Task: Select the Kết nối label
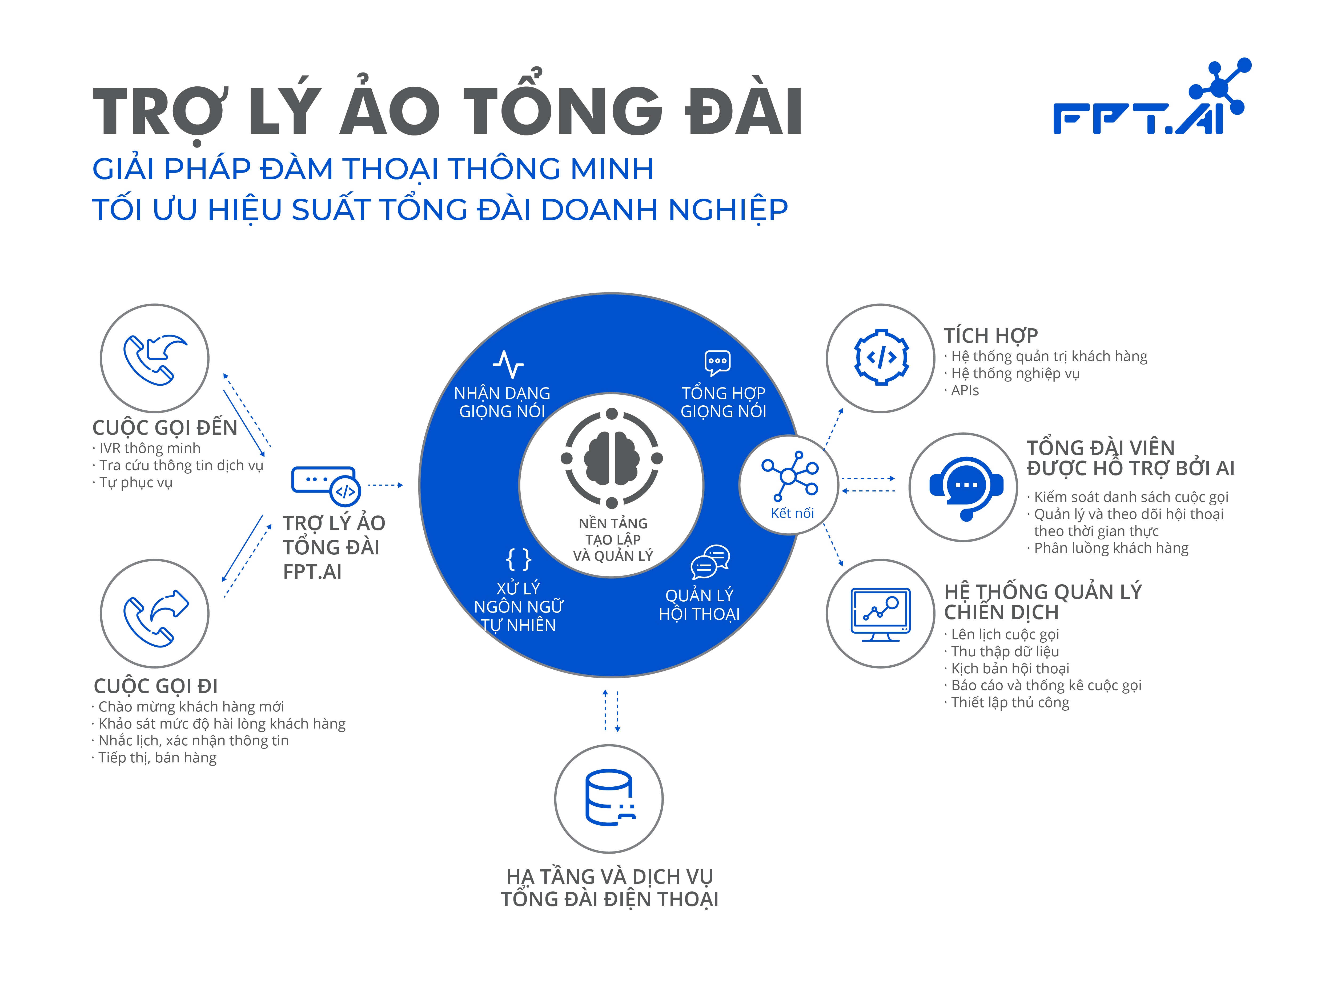[x=792, y=513]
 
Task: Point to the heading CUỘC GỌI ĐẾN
[x=164, y=427]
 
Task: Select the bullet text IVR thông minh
[x=150, y=449]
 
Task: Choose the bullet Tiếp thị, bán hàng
[x=157, y=758]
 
